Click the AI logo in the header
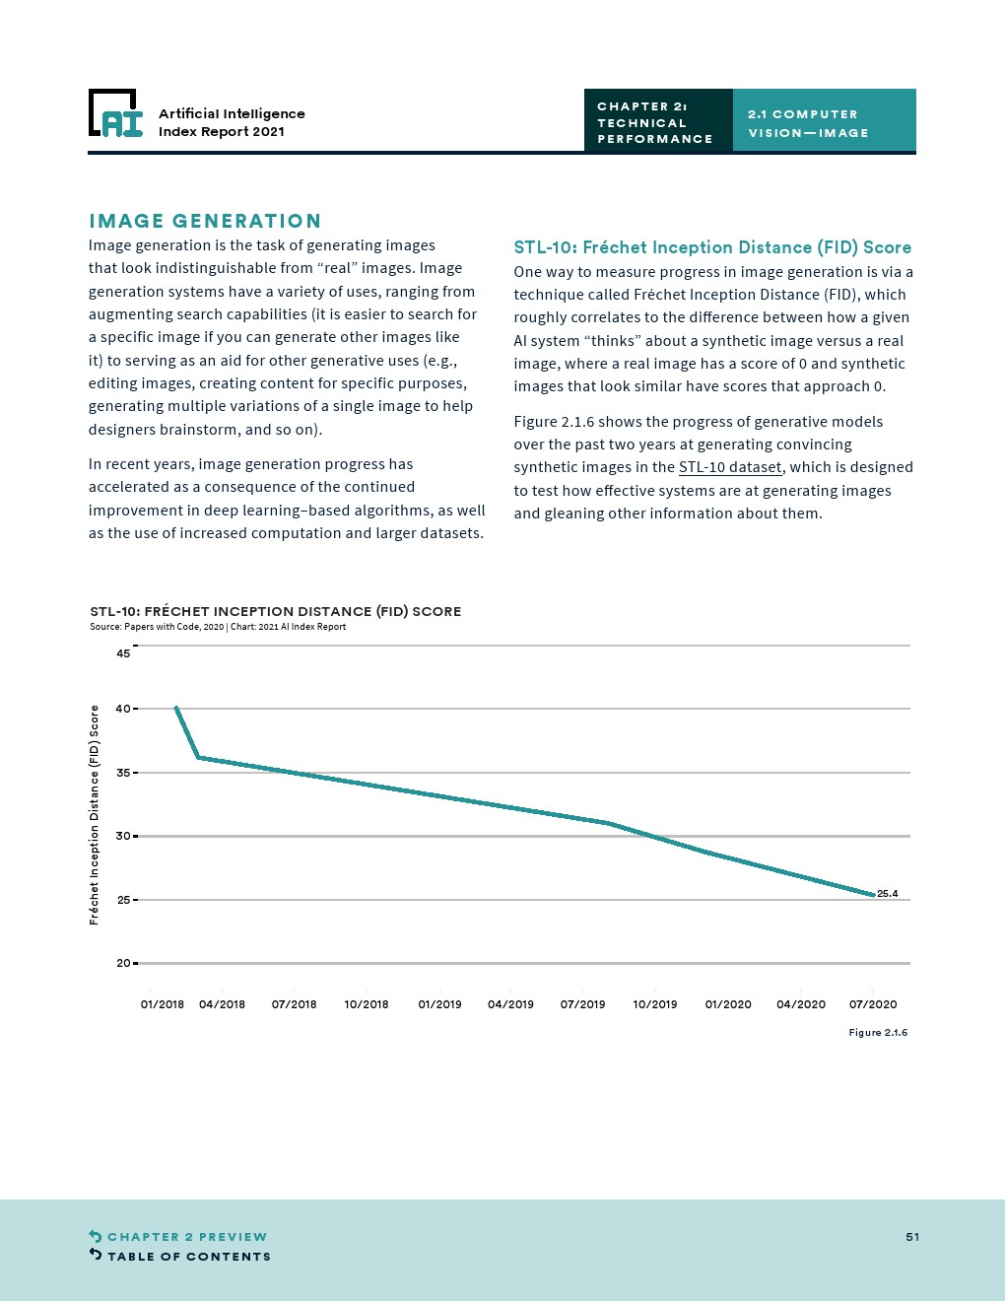[x=116, y=113]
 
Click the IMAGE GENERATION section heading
[x=205, y=221]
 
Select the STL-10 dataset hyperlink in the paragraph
[x=730, y=467]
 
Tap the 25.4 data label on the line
[x=887, y=894]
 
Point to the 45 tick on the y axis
[x=123, y=653]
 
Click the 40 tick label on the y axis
[x=123, y=709]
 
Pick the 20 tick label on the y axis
[x=123, y=963]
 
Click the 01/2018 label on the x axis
[x=163, y=1004]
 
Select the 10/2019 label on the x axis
[x=655, y=1004]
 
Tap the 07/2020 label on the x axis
[x=873, y=1004]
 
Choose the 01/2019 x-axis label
[x=439, y=1004]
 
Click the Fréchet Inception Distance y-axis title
[x=95, y=814]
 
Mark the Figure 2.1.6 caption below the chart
[x=878, y=1032]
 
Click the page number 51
[x=912, y=1237]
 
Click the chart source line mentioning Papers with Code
[x=218, y=627]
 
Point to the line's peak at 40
[x=176, y=708]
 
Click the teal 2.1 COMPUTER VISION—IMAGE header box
[x=824, y=122]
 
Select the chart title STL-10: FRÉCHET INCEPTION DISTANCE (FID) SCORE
[x=276, y=611]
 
